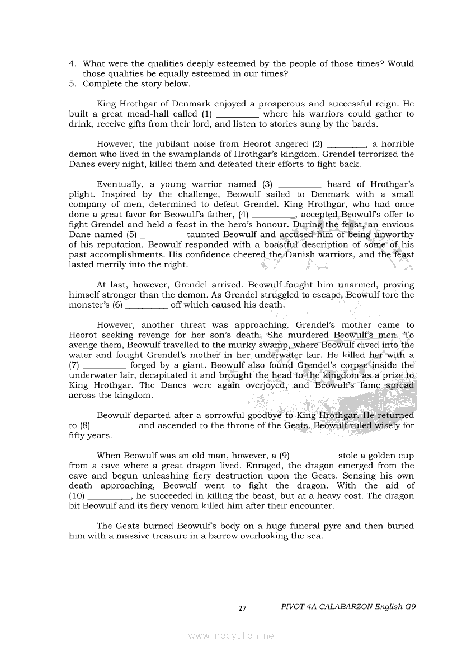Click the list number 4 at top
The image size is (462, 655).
tap(73, 64)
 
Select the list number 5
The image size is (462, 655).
tap(73, 84)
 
